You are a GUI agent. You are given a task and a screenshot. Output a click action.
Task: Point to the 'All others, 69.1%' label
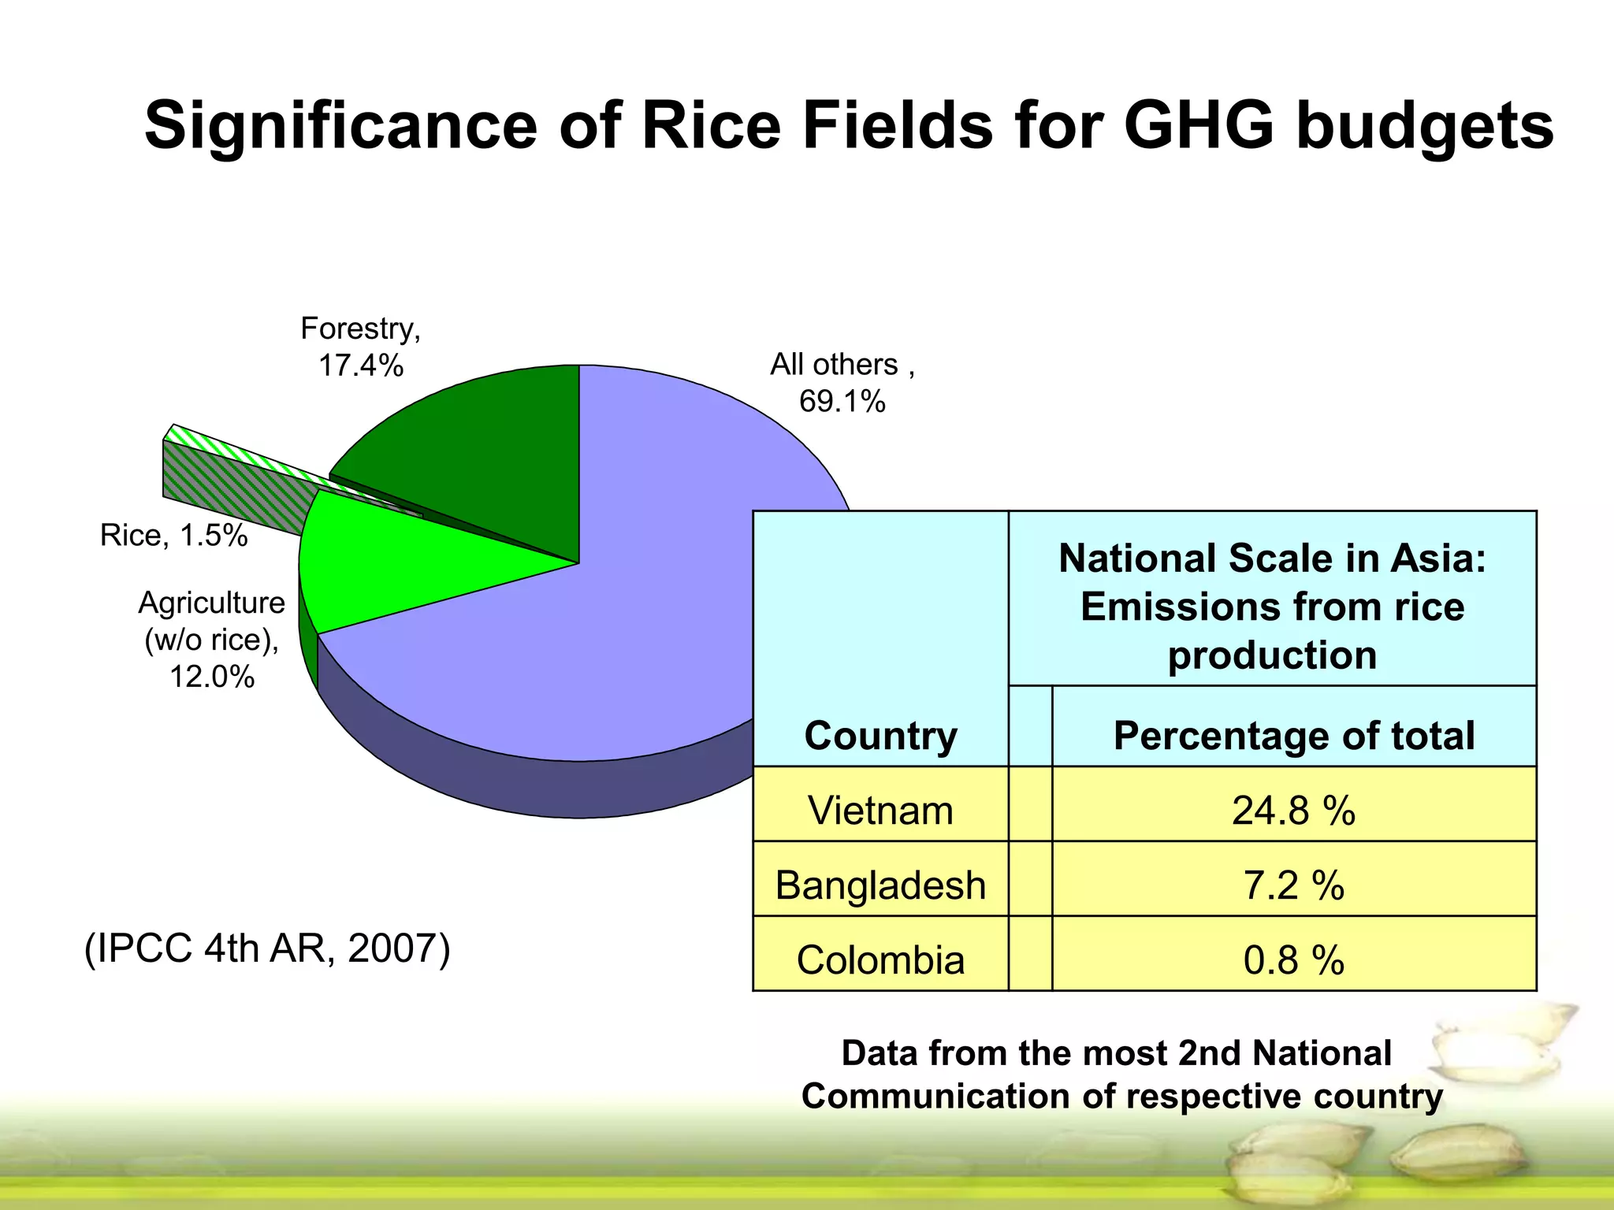click(842, 383)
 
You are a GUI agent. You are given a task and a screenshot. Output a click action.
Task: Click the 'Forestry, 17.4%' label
click(361, 347)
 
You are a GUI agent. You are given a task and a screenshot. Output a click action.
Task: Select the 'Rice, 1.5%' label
click(173, 536)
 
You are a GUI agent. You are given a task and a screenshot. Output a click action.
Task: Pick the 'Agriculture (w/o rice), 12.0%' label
click(211, 639)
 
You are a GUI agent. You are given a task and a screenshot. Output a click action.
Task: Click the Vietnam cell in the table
click(880, 811)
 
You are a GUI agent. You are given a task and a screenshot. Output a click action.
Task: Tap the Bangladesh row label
click(880, 885)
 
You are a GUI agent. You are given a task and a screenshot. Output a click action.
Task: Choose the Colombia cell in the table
click(880, 960)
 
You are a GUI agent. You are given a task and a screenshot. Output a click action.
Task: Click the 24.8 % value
click(1293, 811)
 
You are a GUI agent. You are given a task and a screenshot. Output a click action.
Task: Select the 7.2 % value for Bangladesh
click(1293, 885)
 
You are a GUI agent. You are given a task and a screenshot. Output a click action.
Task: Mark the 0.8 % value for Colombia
click(1293, 960)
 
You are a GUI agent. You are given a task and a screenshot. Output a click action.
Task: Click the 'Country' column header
click(880, 736)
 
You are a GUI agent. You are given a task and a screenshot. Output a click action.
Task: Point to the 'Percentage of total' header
click(1293, 736)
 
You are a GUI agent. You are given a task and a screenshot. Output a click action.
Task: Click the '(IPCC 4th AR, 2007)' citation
click(267, 948)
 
